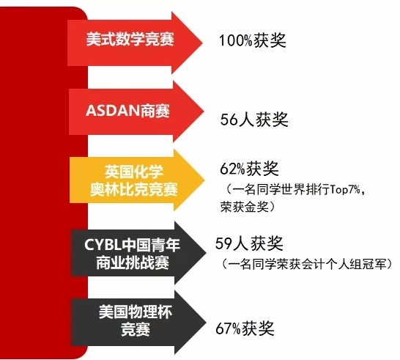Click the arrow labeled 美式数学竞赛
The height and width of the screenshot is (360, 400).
click(x=135, y=43)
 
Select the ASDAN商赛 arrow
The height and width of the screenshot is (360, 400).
click(x=136, y=111)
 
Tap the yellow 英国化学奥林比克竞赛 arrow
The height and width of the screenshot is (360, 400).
click(x=137, y=180)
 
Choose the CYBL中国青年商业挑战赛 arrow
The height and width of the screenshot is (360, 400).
click(x=138, y=253)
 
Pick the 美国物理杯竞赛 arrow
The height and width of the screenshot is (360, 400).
click(x=138, y=323)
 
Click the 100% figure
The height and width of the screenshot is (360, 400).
click(x=236, y=40)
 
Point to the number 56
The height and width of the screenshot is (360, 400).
click(x=229, y=120)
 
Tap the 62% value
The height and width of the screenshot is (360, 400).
click(x=232, y=169)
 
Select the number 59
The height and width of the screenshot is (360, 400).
click(x=223, y=243)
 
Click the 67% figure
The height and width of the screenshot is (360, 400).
click(x=228, y=328)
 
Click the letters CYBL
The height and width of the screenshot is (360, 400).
click(x=103, y=245)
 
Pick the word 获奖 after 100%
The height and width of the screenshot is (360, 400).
click(x=270, y=40)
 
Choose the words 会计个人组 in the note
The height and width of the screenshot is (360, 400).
click(x=332, y=264)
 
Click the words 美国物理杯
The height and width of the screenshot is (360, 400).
click(x=136, y=312)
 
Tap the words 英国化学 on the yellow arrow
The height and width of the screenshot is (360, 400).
click(x=133, y=172)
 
